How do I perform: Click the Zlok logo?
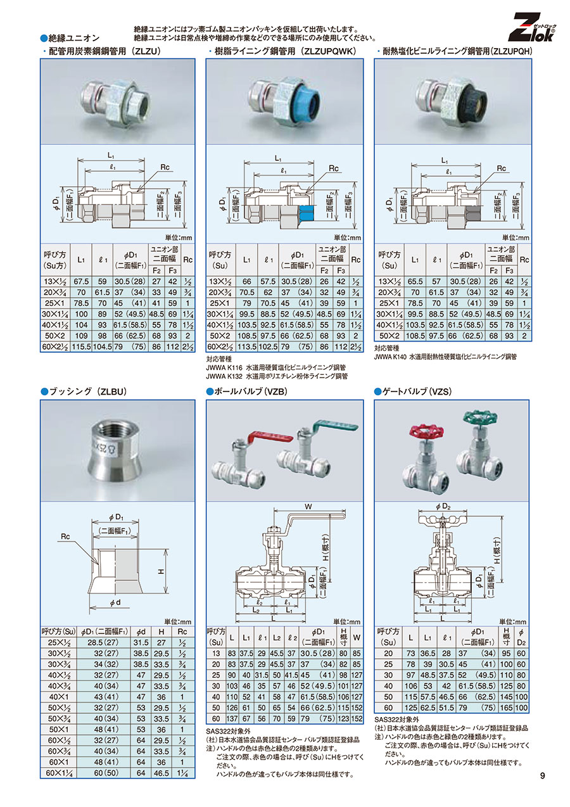[x=531, y=28]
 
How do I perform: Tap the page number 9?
[x=542, y=775]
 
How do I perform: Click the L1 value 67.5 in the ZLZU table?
[x=81, y=281]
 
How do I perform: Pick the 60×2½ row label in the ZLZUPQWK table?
[x=220, y=346]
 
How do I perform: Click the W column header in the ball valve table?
[x=357, y=637]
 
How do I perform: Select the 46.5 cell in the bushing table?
[x=161, y=773]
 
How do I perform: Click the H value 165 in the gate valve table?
[x=506, y=708]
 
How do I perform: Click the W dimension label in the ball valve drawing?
[x=308, y=507]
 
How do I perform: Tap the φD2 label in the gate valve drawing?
[x=443, y=507]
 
